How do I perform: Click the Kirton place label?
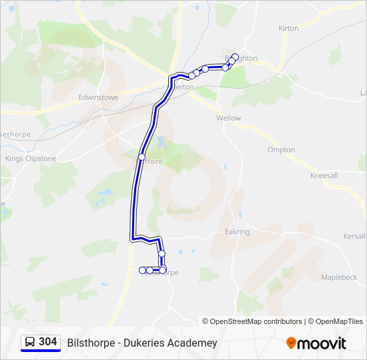288,29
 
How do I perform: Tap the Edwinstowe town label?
98,97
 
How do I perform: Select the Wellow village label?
228,118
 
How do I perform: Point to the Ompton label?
281,150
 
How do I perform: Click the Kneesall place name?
324,176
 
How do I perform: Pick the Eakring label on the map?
238,232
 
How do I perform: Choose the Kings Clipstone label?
31,159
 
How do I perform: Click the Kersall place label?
354,237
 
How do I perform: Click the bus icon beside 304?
30,342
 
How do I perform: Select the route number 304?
48,342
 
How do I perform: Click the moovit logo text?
322,343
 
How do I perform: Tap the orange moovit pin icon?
291,343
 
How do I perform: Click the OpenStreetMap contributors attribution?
256,321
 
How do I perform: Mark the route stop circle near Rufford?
141,157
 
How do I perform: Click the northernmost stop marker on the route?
236,57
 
